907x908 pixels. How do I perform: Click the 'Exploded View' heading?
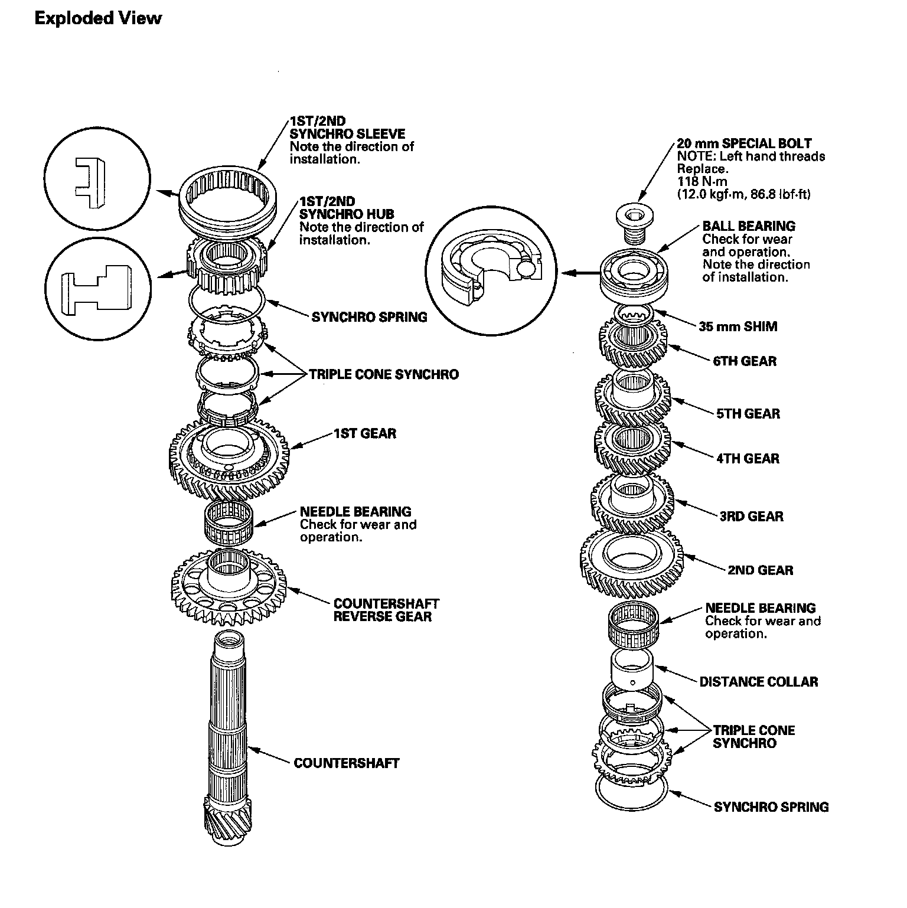coord(97,18)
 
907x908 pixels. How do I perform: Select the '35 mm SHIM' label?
coord(738,326)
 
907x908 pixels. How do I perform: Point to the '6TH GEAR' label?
coord(745,361)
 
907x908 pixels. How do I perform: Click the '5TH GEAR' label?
coord(748,414)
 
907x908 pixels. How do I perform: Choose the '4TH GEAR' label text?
coord(748,459)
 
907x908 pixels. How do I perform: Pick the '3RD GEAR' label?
coord(751,517)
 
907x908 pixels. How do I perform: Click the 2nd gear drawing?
coord(631,561)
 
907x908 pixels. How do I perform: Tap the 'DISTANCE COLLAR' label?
coord(758,682)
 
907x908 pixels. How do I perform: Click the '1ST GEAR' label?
coord(364,434)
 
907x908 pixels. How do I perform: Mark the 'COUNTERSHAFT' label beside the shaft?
coord(346,763)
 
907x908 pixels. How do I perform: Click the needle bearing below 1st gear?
coord(229,521)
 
